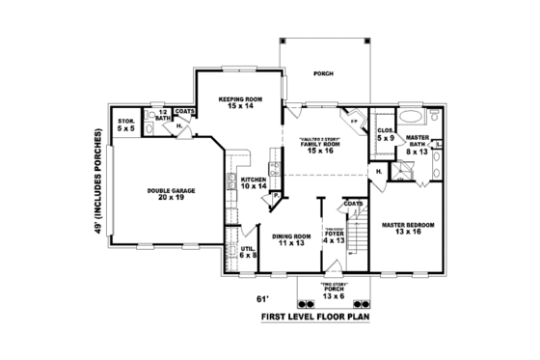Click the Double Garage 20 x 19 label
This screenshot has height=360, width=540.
171,195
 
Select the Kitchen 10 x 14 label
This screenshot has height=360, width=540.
253,182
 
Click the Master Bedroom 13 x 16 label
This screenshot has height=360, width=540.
408,229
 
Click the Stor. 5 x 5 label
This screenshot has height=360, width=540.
126,124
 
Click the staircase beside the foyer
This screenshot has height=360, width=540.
360,232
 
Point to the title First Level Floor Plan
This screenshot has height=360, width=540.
315,316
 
